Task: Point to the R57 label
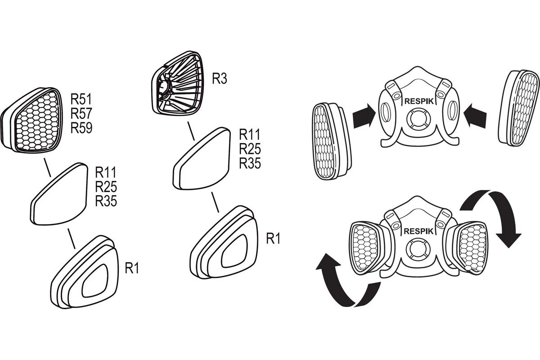[81, 113]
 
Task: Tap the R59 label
[81, 128]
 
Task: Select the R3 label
[219, 80]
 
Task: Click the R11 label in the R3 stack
[250, 134]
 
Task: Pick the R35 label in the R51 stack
[106, 201]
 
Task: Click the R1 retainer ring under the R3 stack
[225, 243]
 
